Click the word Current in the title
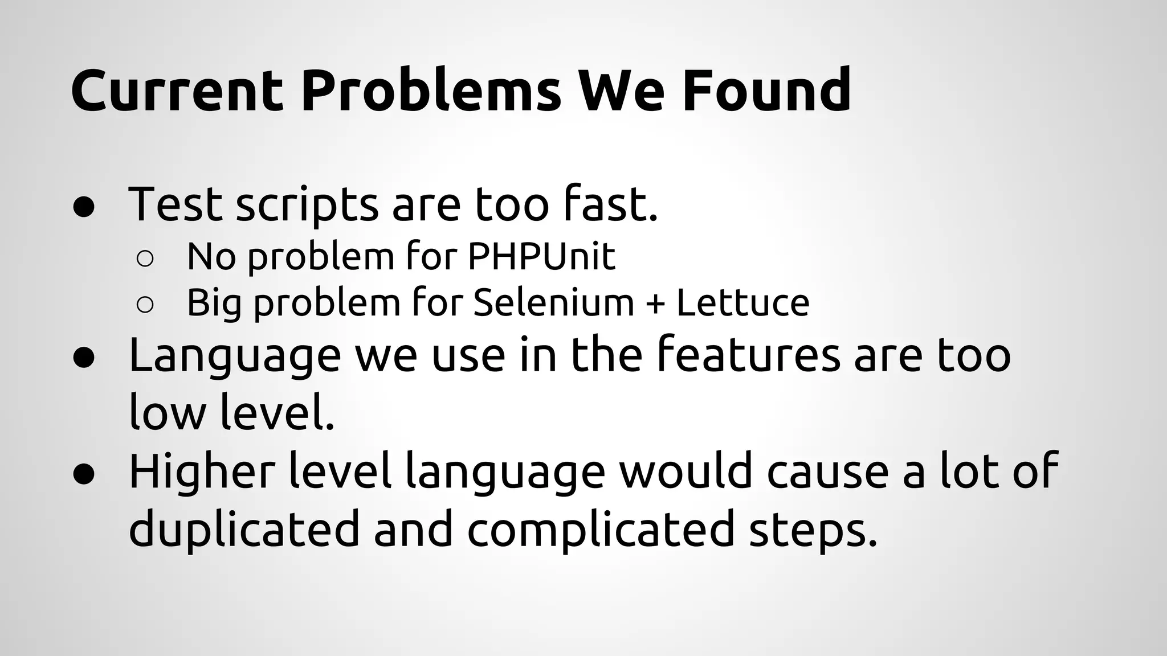tap(177, 90)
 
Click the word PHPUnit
tap(541, 256)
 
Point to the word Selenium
tap(553, 302)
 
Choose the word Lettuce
tap(742, 302)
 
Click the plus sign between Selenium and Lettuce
tap(655, 304)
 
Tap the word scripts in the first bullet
tap(307, 205)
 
